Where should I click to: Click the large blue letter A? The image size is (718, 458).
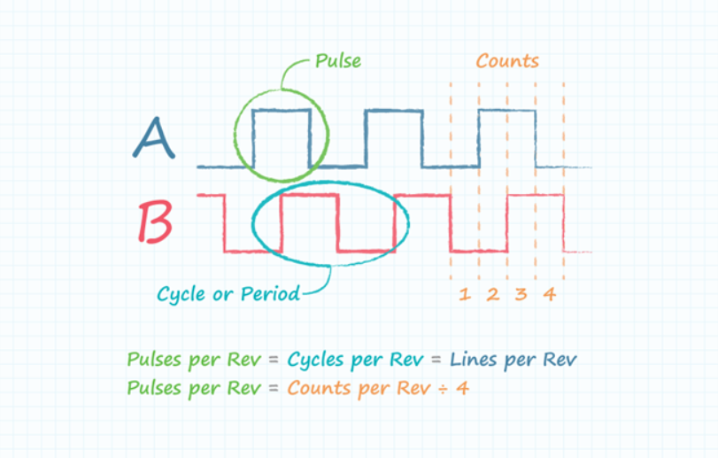pyautogui.click(x=154, y=138)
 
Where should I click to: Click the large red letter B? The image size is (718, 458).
pyautogui.click(x=155, y=222)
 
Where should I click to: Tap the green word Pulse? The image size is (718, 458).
pyautogui.click(x=338, y=61)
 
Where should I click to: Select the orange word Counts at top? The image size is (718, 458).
pyautogui.click(x=507, y=61)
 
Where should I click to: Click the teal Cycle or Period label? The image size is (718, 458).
pyautogui.click(x=228, y=294)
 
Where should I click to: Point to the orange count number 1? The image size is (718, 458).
pyautogui.click(x=465, y=294)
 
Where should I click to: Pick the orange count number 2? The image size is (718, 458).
pyautogui.click(x=493, y=294)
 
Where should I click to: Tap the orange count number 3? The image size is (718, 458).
pyautogui.click(x=521, y=294)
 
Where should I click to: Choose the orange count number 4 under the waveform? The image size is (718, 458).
pyautogui.click(x=550, y=294)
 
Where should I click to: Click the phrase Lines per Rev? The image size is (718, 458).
pyautogui.click(x=513, y=360)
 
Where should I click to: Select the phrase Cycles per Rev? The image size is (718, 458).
pyautogui.click(x=355, y=360)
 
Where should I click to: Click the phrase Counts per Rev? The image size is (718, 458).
pyautogui.click(x=359, y=389)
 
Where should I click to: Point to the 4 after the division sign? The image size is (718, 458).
pyautogui.click(x=462, y=389)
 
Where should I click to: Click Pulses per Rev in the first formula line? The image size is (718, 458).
pyautogui.click(x=194, y=360)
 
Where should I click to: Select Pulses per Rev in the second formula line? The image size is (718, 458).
pyautogui.click(x=194, y=389)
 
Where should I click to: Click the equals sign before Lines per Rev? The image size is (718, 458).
pyautogui.click(x=436, y=360)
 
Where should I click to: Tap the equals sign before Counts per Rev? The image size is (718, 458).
pyautogui.click(x=274, y=389)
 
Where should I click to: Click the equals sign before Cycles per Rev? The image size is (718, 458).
pyautogui.click(x=274, y=360)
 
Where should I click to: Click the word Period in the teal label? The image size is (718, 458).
pyautogui.click(x=270, y=293)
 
